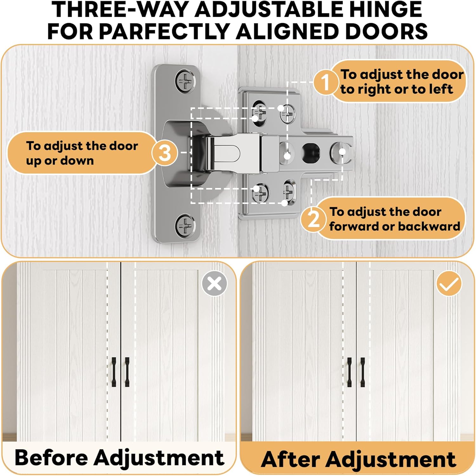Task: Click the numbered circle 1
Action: tap(325, 82)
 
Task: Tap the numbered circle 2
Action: tap(314, 219)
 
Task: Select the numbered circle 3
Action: tap(165, 153)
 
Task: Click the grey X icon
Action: tap(215, 283)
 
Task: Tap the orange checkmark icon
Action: tap(449, 283)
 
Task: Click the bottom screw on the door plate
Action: tap(185, 225)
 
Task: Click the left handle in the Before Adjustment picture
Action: tap(114, 372)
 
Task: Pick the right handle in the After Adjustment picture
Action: tap(362, 372)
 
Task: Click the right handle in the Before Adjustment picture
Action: tap(127, 372)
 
